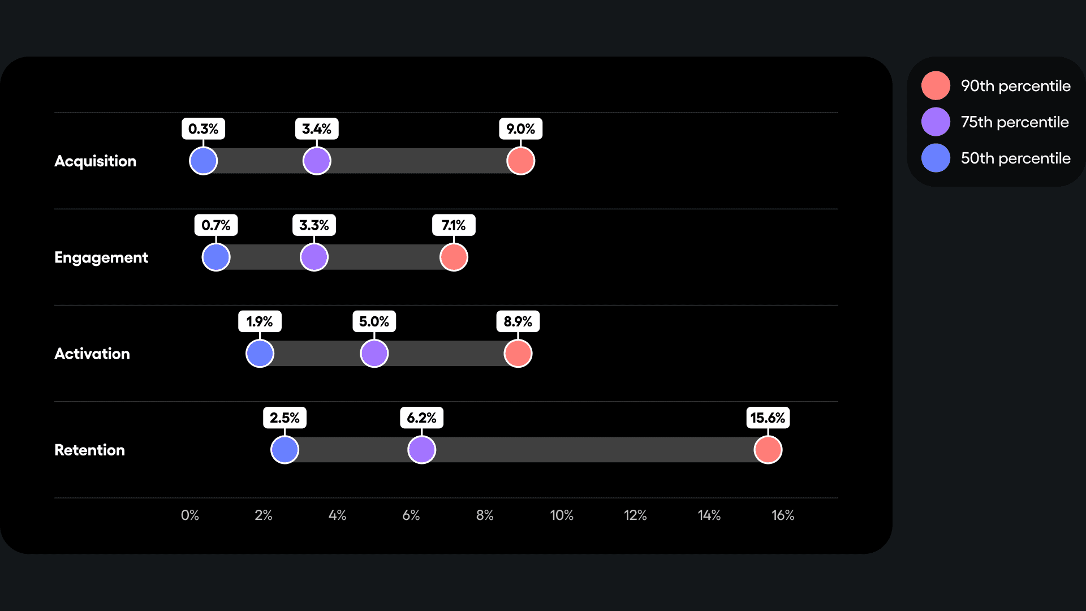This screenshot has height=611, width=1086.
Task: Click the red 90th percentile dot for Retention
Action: coord(768,450)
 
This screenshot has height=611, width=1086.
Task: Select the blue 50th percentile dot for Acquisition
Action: coord(203,161)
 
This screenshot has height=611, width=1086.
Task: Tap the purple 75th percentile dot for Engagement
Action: coord(314,257)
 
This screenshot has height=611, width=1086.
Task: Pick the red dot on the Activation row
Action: coord(518,354)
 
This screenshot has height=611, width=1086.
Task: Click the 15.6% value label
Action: coord(768,418)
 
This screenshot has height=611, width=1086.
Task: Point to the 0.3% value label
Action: coord(203,129)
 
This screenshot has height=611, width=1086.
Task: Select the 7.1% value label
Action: coord(454,225)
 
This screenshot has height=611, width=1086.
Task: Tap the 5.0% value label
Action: coord(374,321)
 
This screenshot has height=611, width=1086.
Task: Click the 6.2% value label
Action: coord(421,418)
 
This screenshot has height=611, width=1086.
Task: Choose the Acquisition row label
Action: coord(95,161)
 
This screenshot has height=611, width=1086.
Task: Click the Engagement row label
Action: coord(101,257)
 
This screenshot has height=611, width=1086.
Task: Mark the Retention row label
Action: coord(89,450)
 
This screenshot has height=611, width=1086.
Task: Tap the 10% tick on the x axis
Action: coord(562,515)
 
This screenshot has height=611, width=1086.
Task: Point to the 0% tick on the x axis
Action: coord(190,515)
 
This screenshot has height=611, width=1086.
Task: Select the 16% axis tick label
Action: coord(783,515)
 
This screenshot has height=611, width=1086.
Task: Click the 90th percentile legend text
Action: coord(1015,86)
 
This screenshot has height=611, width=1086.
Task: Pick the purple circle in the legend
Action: coord(936,122)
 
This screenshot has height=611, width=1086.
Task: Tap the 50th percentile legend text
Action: coord(1015,158)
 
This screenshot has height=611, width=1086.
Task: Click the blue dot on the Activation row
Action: coord(260,354)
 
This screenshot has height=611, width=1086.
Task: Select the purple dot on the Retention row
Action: coord(421,450)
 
